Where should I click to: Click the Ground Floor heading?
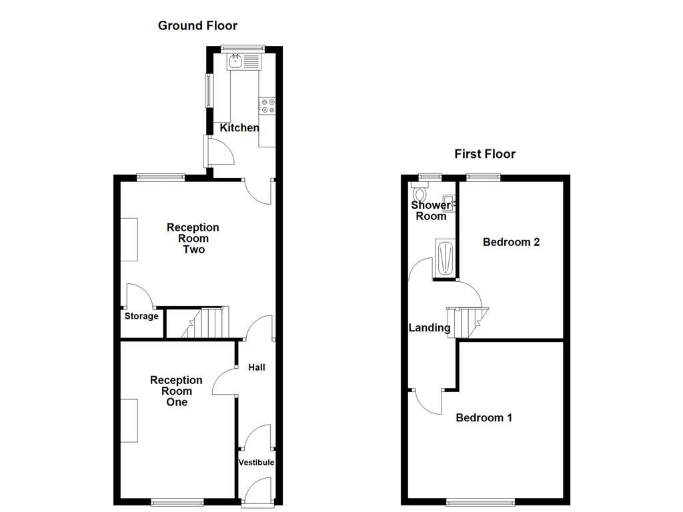(x=197, y=26)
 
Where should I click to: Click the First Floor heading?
(x=485, y=154)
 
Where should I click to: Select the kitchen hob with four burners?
(x=267, y=106)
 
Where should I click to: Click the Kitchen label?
(x=239, y=128)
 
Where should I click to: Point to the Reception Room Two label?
(x=193, y=239)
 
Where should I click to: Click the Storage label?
(x=141, y=316)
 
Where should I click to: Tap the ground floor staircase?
(x=204, y=323)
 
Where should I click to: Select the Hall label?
(x=257, y=367)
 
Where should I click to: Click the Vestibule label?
(x=257, y=462)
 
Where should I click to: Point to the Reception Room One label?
(x=176, y=391)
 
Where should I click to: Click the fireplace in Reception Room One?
(x=129, y=420)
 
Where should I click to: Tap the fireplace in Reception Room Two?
(x=129, y=239)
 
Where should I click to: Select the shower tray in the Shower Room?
(x=445, y=257)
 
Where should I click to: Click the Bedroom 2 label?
(x=511, y=242)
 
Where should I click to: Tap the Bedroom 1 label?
(x=484, y=418)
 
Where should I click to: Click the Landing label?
(x=430, y=328)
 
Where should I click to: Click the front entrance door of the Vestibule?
(x=257, y=493)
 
